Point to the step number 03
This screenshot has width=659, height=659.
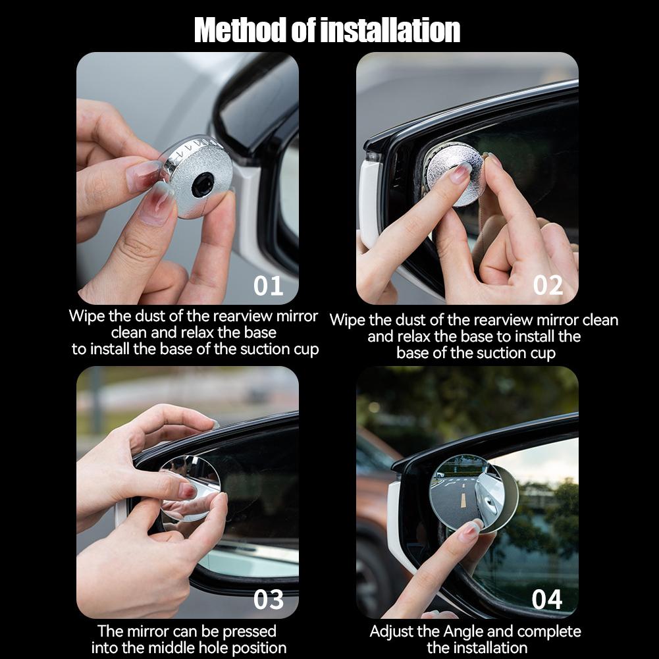point(269,599)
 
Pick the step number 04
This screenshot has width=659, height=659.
point(547,599)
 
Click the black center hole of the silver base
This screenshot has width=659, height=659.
point(203,184)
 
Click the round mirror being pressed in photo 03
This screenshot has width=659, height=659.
point(190,488)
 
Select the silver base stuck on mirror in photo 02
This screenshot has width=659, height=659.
point(454,173)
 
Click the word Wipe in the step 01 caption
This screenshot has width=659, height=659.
point(87,315)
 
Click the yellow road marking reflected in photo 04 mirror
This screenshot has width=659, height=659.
point(463,500)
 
